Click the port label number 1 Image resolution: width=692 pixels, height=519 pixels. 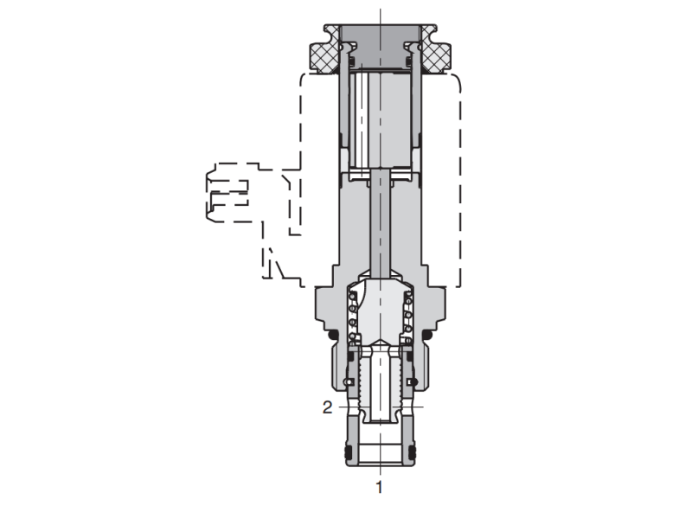(x=379, y=487)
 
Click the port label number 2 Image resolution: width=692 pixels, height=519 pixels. (x=327, y=407)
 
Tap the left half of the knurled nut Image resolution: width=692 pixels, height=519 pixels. (x=322, y=54)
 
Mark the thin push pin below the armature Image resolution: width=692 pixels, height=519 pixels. (x=380, y=225)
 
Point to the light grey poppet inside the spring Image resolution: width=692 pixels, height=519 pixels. (x=380, y=316)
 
